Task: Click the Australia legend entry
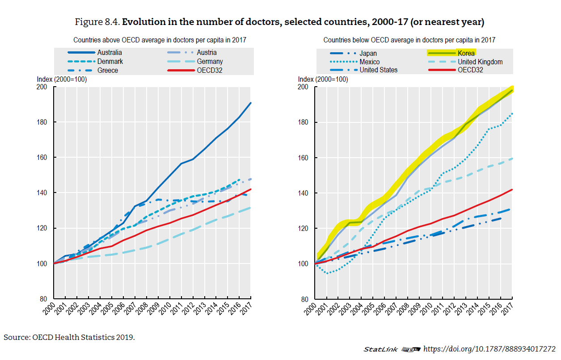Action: coord(110,53)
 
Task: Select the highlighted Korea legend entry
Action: coord(466,53)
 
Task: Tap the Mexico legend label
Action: coord(369,62)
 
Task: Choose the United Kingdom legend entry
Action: coord(480,62)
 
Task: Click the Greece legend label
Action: coord(108,70)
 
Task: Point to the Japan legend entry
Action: coord(368,54)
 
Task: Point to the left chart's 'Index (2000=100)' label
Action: coord(62,79)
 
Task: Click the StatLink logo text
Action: coord(378,349)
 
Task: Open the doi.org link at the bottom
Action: coord(489,349)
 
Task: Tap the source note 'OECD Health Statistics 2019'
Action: coord(83,337)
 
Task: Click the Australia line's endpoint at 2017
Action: coord(251,103)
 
